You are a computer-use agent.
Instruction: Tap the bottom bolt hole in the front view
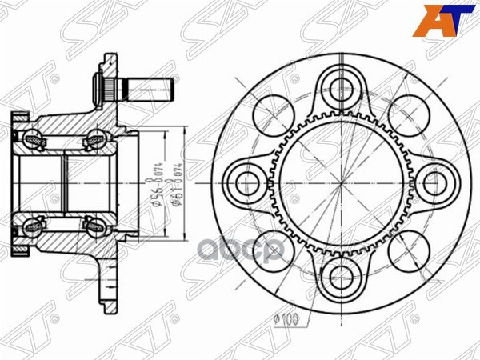click(x=342, y=273)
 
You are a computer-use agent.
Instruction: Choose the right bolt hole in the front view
click(x=434, y=180)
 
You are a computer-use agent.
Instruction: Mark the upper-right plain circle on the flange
click(x=408, y=114)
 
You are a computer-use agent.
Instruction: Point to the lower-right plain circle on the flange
click(x=408, y=246)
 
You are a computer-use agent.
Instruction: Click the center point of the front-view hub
click(x=342, y=180)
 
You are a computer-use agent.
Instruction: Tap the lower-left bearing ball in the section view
click(x=36, y=225)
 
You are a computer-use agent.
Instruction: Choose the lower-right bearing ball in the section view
click(x=94, y=225)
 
